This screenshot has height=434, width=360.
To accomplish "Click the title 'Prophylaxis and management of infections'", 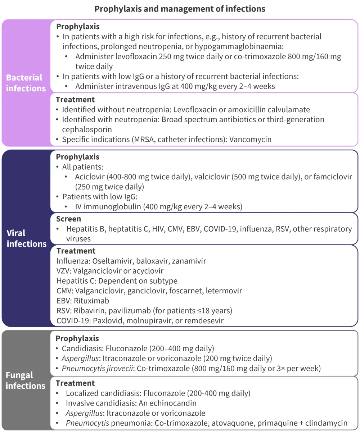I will pyautogui.click(x=180, y=9).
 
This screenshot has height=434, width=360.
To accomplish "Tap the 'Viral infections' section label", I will pyautogui.click(x=27, y=238).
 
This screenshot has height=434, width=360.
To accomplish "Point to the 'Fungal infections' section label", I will pyautogui.click(x=25, y=380).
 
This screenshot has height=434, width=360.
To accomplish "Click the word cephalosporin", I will pyautogui.click(x=87, y=129).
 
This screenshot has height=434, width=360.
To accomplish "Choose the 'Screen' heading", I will pyautogui.click(x=68, y=219).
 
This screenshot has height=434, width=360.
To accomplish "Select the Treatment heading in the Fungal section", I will pyautogui.click(x=75, y=383).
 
